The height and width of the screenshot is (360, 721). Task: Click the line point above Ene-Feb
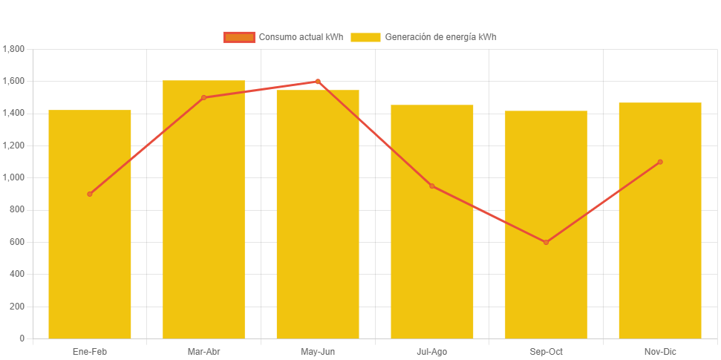(90, 194)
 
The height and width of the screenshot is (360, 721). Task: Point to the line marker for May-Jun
(318, 82)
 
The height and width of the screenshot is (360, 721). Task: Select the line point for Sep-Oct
(546, 242)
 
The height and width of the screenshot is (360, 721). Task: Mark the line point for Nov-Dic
(660, 162)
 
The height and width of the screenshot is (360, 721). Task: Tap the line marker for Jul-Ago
(432, 186)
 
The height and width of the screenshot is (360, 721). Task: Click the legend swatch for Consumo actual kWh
(239, 37)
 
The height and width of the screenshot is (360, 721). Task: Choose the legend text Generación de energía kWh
(440, 37)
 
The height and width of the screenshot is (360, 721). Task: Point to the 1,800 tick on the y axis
(14, 49)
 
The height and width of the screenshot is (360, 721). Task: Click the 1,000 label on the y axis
(14, 177)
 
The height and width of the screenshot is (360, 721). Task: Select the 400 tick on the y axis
(17, 274)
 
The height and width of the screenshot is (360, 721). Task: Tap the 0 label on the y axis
(22, 338)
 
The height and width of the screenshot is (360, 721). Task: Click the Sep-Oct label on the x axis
(546, 351)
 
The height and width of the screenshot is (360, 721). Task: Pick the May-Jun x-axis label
(318, 351)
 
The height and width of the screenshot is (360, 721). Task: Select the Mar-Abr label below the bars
(203, 351)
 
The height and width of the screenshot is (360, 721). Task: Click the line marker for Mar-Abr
(203, 97)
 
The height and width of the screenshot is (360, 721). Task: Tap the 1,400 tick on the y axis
(14, 113)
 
